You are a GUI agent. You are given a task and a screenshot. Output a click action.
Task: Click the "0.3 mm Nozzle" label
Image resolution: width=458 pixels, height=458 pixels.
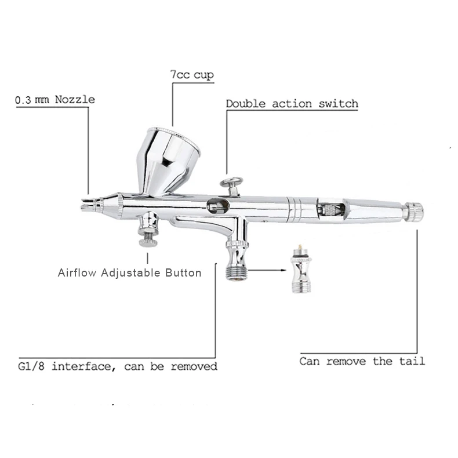pyautogui.click(x=55, y=100)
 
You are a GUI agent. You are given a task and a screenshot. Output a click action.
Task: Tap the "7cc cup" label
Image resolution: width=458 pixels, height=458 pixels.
pyautogui.click(x=191, y=75)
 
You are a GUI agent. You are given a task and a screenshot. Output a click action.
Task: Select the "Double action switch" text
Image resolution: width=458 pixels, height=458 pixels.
pyautogui.click(x=292, y=104)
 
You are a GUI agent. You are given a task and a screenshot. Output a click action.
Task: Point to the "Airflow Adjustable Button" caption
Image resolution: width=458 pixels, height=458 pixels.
pyautogui.click(x=130, y=272)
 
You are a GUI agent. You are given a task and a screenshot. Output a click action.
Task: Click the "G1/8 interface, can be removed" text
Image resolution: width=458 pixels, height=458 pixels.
pyautogui.click(x=118, y=366)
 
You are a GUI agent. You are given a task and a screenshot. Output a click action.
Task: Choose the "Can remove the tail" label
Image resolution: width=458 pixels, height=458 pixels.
pyautogui.click(x=362, y=361)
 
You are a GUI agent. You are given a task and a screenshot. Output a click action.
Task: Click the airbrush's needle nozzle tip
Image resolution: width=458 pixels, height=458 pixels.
pyautogui.click(x=87, y=203)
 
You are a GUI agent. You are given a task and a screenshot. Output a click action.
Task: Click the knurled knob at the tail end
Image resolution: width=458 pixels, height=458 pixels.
pyautogui.click(x=413, y=211)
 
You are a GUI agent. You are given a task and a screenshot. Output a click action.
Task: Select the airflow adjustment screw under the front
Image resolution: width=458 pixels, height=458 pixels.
pyautogui.click(x=148, y=232)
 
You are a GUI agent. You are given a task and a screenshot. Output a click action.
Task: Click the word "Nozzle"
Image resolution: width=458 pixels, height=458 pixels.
pyautogui.click(x=75, y=100)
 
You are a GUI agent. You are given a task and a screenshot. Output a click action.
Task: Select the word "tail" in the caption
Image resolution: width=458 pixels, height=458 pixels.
pyautogui.click(x=413, y=361)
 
